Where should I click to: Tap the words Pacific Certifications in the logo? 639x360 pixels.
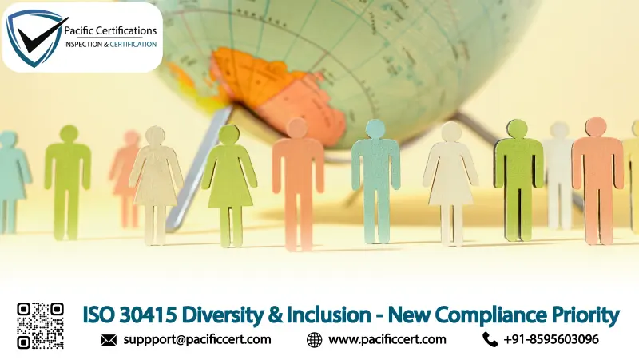click(110, 30)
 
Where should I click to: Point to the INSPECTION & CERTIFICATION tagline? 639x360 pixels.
click(110, 44)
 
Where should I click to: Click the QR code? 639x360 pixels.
click(40, 325)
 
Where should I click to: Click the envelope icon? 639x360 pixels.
click(109, 340)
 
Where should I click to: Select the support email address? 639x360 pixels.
click(197, 339)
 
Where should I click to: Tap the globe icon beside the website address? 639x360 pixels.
click(315, 340)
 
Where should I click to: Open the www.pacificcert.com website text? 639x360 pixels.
click(387, 339)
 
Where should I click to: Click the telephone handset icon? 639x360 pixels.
click(490, 340)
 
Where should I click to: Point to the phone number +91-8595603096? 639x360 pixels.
click(551, 339)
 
